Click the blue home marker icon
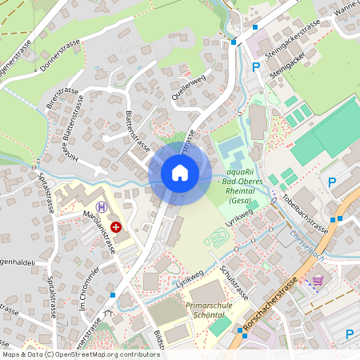click(x=180, y=173)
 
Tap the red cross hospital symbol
click(x=117, y=227)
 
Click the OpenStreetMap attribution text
click(x=80, y=354)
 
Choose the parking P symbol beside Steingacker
click(x=256, y=67)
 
